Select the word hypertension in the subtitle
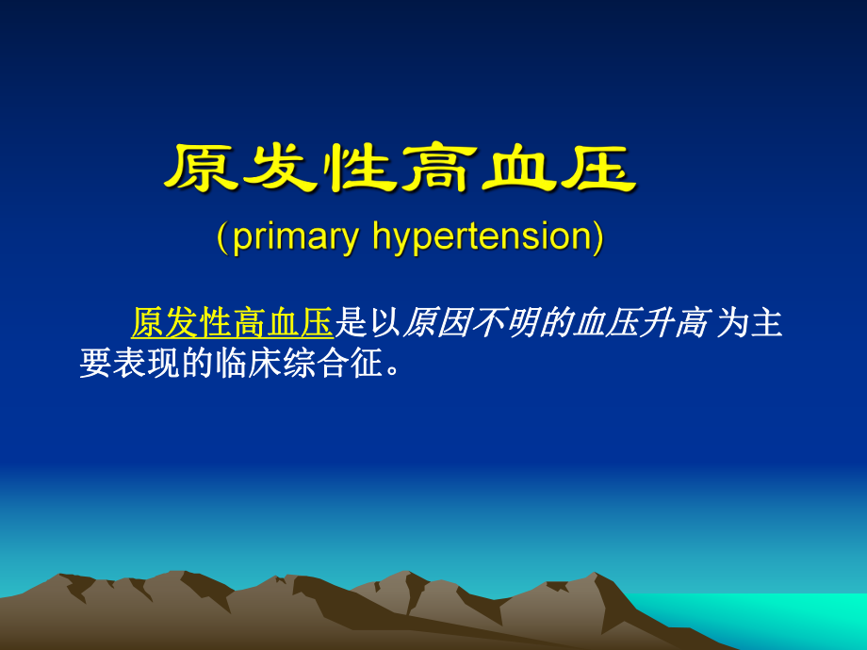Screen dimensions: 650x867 pos(483,237)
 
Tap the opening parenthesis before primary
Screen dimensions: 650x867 pos(221,237)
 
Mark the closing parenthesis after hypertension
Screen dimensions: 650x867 pos(597,237)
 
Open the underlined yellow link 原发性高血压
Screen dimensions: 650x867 pos(232,323)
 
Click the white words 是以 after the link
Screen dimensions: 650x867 pos(368,323)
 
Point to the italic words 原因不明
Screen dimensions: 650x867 pos(467,323)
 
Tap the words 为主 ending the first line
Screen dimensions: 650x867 pos(750,323)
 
